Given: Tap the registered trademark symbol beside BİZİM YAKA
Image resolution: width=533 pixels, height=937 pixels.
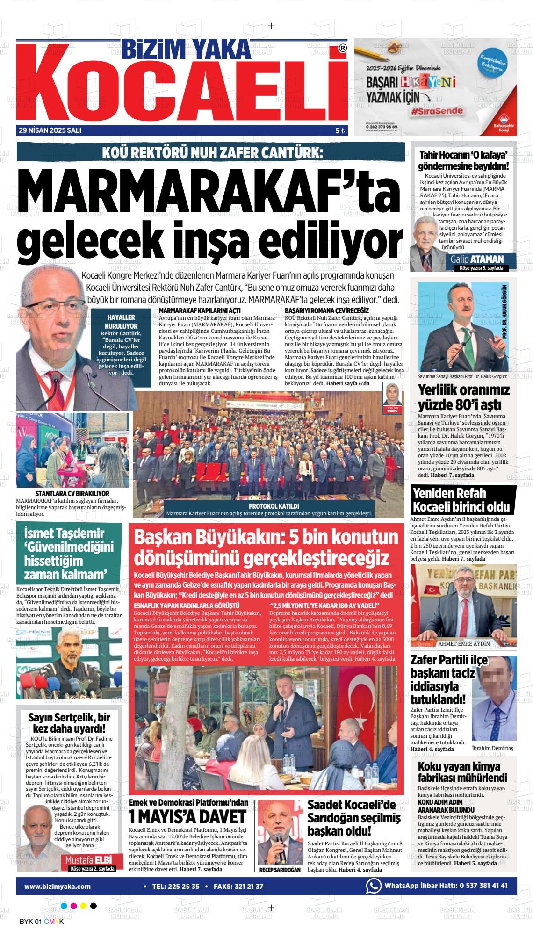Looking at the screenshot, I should tap(343, 48).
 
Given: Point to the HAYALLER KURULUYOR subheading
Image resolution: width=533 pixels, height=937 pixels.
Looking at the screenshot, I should tap(122, 321).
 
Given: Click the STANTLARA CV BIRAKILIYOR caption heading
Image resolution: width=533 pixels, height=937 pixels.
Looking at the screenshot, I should tap(72, 493).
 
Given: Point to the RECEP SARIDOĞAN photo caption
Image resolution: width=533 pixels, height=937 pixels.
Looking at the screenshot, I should tap(280, 870).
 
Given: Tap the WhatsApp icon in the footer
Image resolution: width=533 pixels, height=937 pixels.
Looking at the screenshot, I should tap(373, 886).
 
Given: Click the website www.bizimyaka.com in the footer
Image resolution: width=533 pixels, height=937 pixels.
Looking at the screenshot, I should tap(58, 886).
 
